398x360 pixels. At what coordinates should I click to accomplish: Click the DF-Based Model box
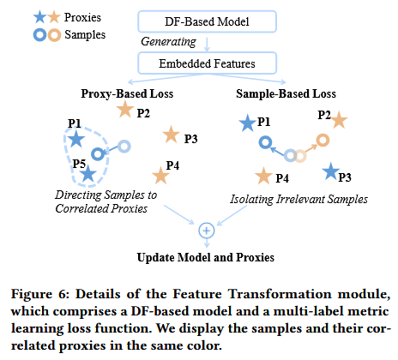[207, 21]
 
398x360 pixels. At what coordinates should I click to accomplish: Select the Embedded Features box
[207, 63]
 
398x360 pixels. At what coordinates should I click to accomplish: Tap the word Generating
[168, 42]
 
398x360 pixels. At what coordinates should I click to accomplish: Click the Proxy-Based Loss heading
[127, 93]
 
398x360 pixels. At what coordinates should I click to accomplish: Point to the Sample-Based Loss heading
[286, 93]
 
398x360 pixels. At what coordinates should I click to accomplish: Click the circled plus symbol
[207, 231]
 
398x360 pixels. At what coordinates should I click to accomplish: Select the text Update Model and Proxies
[206, 257]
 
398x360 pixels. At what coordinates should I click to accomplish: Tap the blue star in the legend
[39, 17]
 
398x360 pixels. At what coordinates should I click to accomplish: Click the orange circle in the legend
[54, 35]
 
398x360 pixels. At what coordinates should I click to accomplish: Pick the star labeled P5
[88, 173]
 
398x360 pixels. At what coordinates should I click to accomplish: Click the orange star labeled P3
[171, 135]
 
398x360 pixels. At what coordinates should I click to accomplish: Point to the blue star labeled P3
[331, 171]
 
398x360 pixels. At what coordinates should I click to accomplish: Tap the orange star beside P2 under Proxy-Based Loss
[125, 109]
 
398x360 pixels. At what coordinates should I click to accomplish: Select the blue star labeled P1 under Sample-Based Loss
[247, 123]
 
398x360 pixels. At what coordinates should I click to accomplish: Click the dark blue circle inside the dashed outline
[98, 154]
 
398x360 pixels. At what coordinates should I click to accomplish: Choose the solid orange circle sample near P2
[323, 141]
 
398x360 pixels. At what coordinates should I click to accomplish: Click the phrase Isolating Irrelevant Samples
[299, 199]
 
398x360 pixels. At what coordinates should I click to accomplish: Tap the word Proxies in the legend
[82, 17]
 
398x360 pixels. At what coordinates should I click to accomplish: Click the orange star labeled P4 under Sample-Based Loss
[263, 176]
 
